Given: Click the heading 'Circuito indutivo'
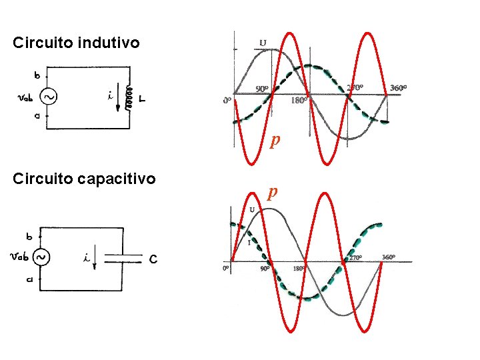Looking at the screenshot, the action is pos(77,43).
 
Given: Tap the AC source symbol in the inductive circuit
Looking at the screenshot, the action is pos(48,97).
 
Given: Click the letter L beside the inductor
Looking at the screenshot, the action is pos(143,99).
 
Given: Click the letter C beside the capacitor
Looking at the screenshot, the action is pos(153,259).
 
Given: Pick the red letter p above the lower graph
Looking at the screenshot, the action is pos(271,192).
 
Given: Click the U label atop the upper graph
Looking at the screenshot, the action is pos(263,43).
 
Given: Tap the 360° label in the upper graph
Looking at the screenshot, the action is pos(398,87).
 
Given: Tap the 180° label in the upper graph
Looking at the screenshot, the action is pos(299,101).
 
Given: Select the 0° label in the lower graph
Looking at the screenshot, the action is pos(227,269).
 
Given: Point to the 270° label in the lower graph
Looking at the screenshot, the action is pos(355,257).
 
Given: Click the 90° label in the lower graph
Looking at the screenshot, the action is pos(265,269).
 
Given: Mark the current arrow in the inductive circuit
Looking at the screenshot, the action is pos(118,100).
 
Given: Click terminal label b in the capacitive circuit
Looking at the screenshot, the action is pos(29,236).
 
